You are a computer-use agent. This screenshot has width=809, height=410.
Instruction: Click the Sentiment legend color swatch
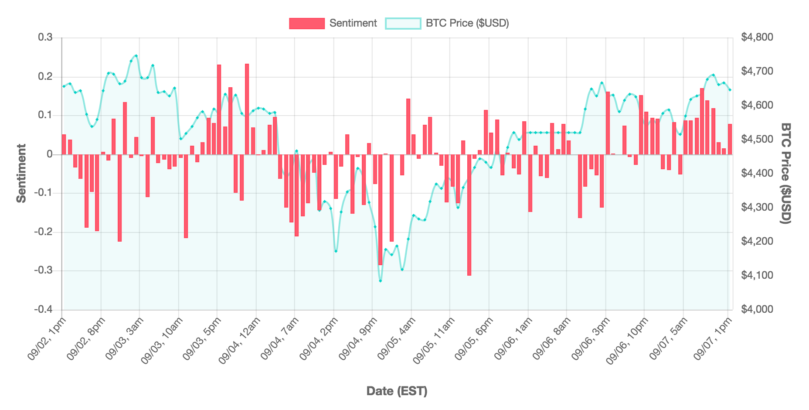tap(307, 23)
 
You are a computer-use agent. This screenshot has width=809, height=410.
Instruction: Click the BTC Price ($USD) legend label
tap(467, 23)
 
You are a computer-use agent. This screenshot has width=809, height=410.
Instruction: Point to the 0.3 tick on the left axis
tap(45, 38)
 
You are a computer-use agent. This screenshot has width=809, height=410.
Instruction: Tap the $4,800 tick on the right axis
tap(757, 38)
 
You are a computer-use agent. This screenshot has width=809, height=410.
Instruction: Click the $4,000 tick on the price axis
tap(757, 310)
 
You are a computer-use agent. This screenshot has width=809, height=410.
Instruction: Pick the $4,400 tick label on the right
tap(757, 174)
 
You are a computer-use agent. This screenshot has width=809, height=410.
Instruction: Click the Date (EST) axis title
tap(397, 391)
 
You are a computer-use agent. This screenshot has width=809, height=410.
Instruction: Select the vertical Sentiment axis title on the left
tap(21, 174)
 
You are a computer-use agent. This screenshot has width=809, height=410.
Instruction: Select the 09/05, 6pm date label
tap(474, 338)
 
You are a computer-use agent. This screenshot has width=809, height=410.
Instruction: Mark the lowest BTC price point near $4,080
tap(380, 281)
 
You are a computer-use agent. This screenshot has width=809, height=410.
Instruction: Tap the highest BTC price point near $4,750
tap(136, 55)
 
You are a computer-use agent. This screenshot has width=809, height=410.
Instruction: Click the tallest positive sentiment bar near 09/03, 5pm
tap(219, 109)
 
